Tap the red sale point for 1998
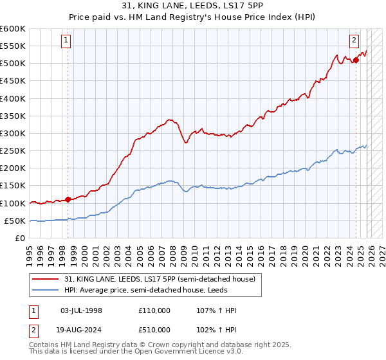(x=68, y=199)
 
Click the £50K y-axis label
(x=15, y=221)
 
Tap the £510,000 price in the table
(x=154, y=328)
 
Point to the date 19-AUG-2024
(x=81, y=328)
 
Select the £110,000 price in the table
(x=154, y=310)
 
